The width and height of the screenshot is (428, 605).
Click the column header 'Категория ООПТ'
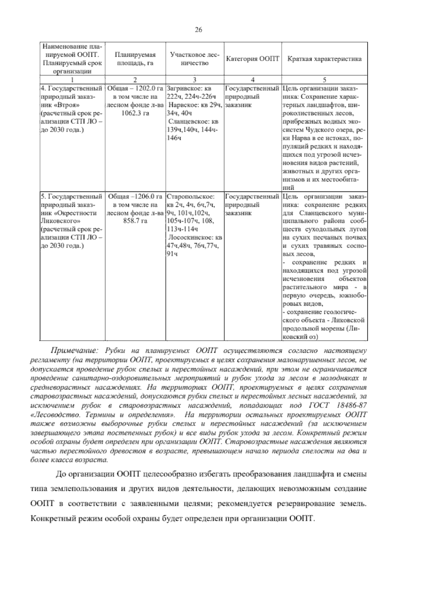pyautogui.click(x=253, y=59)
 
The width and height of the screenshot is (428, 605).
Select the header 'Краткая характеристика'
pyautogui.click(x=324, y=59)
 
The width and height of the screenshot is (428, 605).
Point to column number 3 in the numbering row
pyautogui.click(x=195, y=80)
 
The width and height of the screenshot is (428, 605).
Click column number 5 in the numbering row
pyautogui.click(x=324, y=80)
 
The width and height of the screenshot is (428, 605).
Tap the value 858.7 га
pyautogui.click(x=135, y=221)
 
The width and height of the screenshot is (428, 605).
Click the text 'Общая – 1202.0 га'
pyautogui.click(x=135, y=88)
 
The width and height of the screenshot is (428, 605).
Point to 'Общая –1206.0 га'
pyautogui.click(x=135, y=197)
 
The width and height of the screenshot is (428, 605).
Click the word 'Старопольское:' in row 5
pyautogui.click(x=190, y=197)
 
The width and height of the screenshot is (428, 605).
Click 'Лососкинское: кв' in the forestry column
pyautogui.click(x=195, y=238)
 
